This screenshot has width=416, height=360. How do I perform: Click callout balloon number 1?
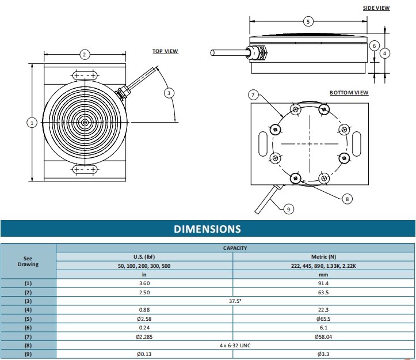(32, 122)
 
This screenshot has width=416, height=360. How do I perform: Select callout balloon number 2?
(84, 55)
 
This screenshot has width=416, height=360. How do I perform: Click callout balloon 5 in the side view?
(308, 21)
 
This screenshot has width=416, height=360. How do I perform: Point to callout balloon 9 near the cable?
(289, 209)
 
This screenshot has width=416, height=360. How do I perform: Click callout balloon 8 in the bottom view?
(347, 199)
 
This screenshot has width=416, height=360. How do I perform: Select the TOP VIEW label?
(165, 51)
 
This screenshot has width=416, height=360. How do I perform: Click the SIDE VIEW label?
(376, 8)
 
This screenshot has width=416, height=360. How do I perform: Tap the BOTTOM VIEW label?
(349, 93)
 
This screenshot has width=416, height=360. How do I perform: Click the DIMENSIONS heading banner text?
(208, 229)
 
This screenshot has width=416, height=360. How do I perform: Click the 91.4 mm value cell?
(323, 283)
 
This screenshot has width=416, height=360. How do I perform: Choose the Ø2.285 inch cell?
(144, 336)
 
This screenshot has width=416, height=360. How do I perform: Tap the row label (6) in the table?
(28, 327)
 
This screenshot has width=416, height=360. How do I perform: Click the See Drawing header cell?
(28, 261)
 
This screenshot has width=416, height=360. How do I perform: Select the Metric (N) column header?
(323, 256)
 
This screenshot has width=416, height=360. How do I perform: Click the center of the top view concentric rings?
(85, 122)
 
